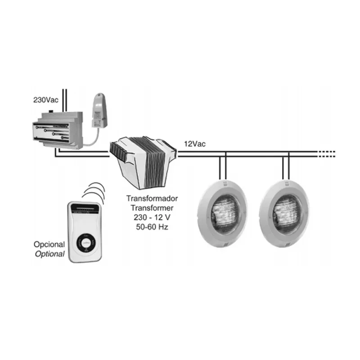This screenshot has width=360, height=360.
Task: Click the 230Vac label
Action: [46, 100]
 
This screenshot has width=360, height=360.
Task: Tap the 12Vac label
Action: [195, 144]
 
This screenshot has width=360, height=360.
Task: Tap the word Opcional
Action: [49, 244]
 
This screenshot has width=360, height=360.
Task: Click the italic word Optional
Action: [49, 254]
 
